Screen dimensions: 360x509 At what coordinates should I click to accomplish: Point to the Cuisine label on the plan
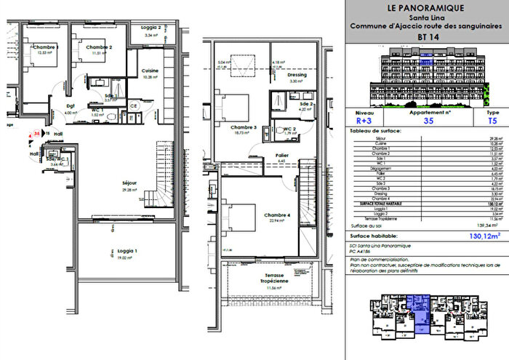point(151,71)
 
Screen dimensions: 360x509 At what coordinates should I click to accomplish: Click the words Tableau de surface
point(371,130)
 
